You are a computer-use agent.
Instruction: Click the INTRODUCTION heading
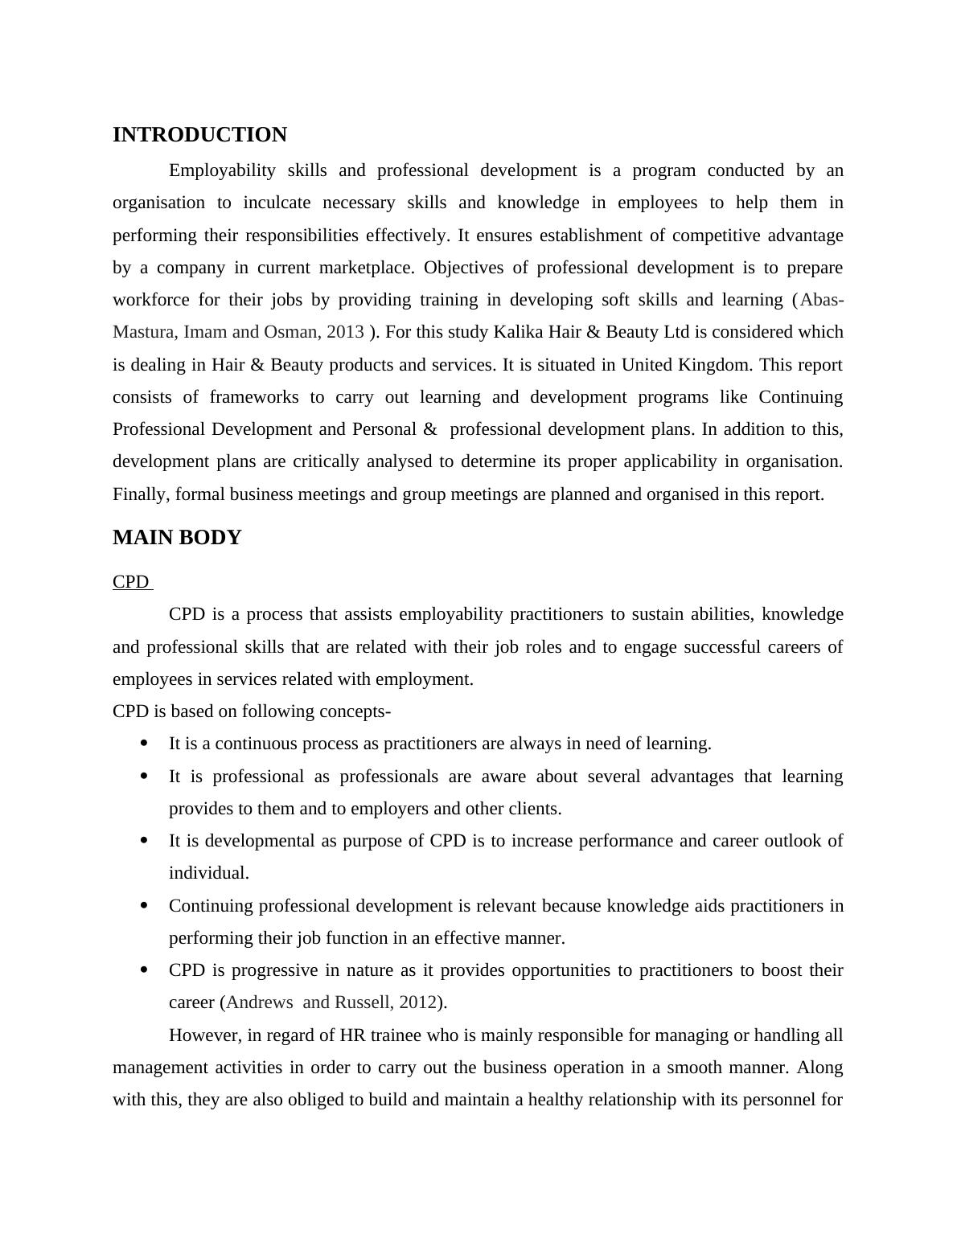click(199, 135)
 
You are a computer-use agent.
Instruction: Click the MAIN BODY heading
click(177, 538)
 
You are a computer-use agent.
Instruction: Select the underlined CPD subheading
click(131, 582)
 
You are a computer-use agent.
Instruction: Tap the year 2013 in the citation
click(345, 332)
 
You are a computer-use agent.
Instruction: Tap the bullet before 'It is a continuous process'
click(145, 744)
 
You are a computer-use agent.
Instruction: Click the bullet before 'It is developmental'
click(145, 841)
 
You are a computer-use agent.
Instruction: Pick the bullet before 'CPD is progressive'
click(145, 970)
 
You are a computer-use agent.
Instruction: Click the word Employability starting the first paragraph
click(222, 170)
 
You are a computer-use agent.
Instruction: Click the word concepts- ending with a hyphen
click(355, 711)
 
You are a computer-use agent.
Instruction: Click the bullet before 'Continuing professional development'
click(145, 906)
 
